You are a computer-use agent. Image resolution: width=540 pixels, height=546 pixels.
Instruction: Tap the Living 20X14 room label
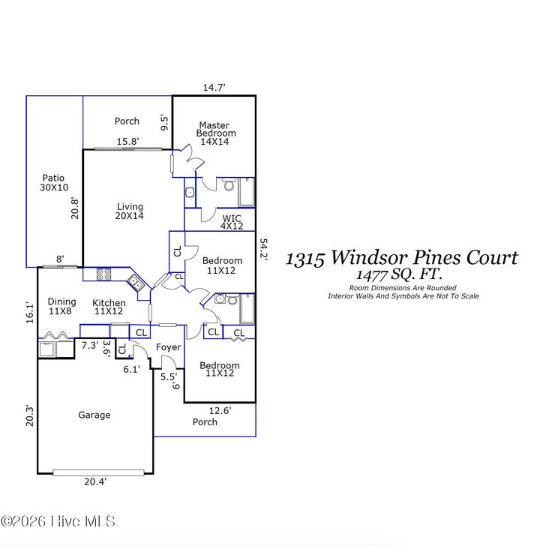coord(129,211)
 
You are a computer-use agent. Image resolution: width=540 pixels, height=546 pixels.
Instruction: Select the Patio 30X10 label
coord(54,183)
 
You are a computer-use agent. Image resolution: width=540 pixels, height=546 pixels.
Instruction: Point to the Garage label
coord(94,415)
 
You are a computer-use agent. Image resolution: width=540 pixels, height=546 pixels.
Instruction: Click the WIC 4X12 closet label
coord(232,222)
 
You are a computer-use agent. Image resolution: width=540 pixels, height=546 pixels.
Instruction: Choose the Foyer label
coord(168,348)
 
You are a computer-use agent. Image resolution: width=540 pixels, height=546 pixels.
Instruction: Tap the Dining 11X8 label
coord(62,306)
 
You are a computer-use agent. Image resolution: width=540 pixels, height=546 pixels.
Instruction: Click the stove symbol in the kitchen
coord(103,274)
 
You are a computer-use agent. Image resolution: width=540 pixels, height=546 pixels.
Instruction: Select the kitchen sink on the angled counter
coord(136,283)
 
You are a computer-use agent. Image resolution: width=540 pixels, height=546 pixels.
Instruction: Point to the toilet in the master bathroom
coord(229,184)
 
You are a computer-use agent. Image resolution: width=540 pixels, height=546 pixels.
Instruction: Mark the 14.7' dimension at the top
coord(214,88)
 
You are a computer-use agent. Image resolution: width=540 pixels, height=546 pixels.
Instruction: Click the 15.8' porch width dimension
coord(127,141)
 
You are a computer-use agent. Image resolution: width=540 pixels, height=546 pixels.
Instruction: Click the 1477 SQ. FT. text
coord(399,274)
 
